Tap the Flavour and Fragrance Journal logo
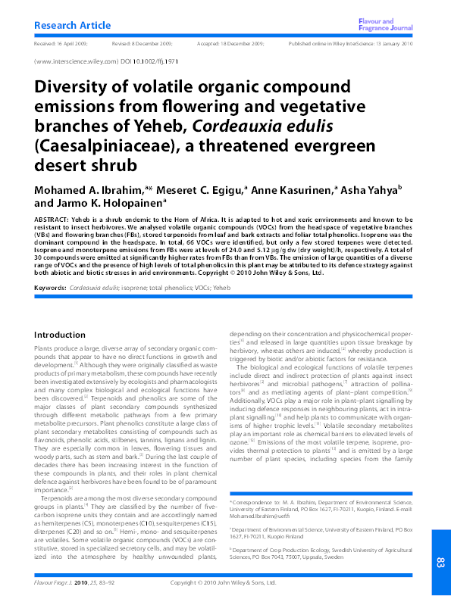(386, 25)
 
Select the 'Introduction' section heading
(60, 335)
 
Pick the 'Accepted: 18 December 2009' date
(230, 44)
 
